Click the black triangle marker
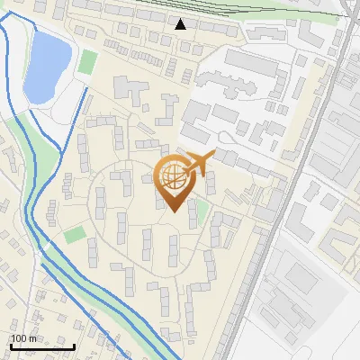pos(181,24)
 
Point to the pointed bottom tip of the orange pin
pos(172,211)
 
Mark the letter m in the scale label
pos(33,338)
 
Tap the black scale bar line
pos(41,346)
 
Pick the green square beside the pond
pos(88,62)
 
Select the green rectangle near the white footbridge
pos(75,234)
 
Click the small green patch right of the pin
pos(202,211)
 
